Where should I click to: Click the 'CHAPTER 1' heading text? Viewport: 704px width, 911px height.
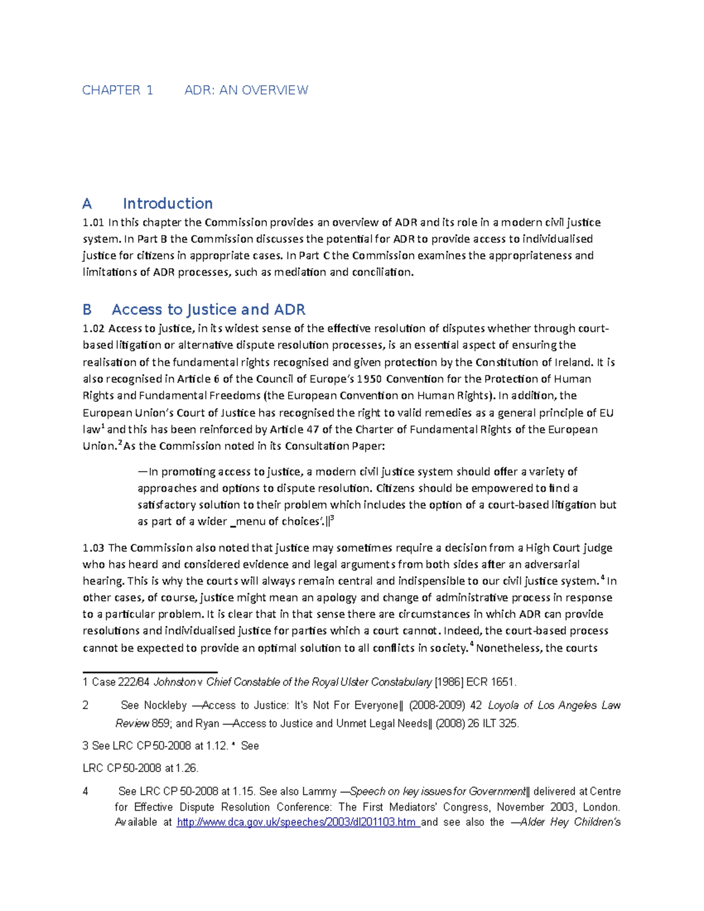(117, 90)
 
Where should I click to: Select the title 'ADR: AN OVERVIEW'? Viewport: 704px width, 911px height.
(246, 90)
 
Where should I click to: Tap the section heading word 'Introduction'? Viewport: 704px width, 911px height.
(167, 204)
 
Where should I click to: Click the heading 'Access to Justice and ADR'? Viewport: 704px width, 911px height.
(208, 310)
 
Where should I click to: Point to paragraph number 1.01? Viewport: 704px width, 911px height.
(93, 222)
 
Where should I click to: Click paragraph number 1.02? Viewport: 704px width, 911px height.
(93, 328)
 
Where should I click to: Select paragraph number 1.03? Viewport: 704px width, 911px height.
(93, 548)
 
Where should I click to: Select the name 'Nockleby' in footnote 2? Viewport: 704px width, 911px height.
(165, 706)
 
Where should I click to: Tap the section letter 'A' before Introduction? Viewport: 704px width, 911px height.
(87, 204)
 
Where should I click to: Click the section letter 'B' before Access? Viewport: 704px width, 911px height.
(87, 310)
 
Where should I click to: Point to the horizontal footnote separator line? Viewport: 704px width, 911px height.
(150, 672)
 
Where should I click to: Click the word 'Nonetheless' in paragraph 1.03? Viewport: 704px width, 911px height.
(507, 648)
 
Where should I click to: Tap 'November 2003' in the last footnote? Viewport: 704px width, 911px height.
(540, 807)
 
